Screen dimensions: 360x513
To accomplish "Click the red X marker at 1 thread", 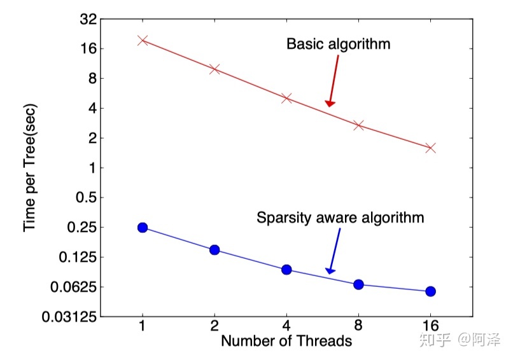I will [x=143, y=40].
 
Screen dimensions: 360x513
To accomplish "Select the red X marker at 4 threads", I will [x=286, y=98].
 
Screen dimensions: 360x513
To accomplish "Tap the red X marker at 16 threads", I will [x=430, y=148].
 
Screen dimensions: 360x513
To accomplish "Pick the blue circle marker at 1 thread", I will [x=143, y=228].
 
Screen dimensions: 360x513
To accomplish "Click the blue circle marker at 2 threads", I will [x=214, y=250].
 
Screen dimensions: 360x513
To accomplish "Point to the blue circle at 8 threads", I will [x=358, y=284].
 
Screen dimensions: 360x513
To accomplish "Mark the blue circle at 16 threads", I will [x=430, y=291].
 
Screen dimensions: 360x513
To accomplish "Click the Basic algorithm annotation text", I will [x=338, y=45].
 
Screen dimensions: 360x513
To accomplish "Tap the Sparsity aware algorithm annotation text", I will [x=340, y=218].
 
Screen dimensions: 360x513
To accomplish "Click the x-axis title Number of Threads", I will [x=286, y=342].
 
